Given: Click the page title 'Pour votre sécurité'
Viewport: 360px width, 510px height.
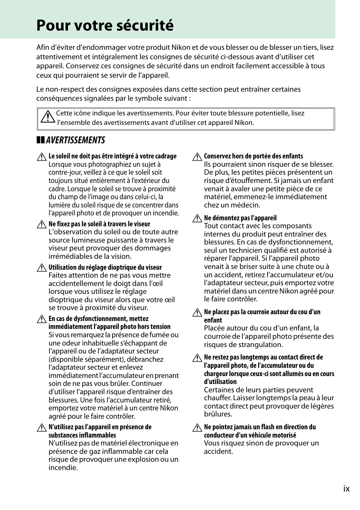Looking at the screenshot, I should pyautogui.click(x=105, y=25).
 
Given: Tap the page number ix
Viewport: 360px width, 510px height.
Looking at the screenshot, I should pyautogui.click(x=346, y=489).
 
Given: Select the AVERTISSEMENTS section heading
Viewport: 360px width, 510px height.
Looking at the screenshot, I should pyautogui.click(x=75, y=140).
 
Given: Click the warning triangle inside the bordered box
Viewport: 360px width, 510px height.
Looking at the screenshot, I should pyautogui.click(x=48, y=117).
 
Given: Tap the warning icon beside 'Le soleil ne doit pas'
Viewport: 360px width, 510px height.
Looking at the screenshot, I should pyautogui.click(x=42, y=157).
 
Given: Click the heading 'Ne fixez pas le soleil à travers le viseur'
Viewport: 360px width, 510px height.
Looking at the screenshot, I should pyautogui.click(x=99, y=224).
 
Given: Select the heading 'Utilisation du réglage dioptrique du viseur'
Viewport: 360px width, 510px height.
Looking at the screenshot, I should pyautogui.click(x=105, y=267).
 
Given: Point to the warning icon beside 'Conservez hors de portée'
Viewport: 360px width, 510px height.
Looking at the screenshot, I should pyautogui.click(x=197, y=157).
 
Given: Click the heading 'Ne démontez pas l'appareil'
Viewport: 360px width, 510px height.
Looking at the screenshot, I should pyautogui.click(x=240, y=218).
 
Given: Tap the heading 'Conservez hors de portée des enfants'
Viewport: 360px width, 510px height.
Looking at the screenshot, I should pyautogui.click(x=253, y=156).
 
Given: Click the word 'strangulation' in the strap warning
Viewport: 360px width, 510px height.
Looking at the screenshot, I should pyautogui.click(x=260, y=344).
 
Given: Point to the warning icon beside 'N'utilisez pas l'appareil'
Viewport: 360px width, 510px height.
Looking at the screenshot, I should pyautogui.click(x=42, y=428).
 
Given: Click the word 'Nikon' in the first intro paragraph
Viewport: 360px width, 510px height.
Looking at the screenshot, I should pyautogui.click(x=181, y=48).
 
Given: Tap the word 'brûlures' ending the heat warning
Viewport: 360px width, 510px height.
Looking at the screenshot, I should pyautogui.click(x=218, y=414).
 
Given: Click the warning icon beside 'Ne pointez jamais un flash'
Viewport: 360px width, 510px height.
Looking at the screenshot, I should pyautogui.click(x=197, y=428).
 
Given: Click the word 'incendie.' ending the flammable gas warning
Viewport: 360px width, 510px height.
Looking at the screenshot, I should pyautogui.click(x=63, y=468).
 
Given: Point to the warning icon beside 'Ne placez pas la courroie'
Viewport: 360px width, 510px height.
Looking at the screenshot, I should pyautogui.click(x=197, y=313).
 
